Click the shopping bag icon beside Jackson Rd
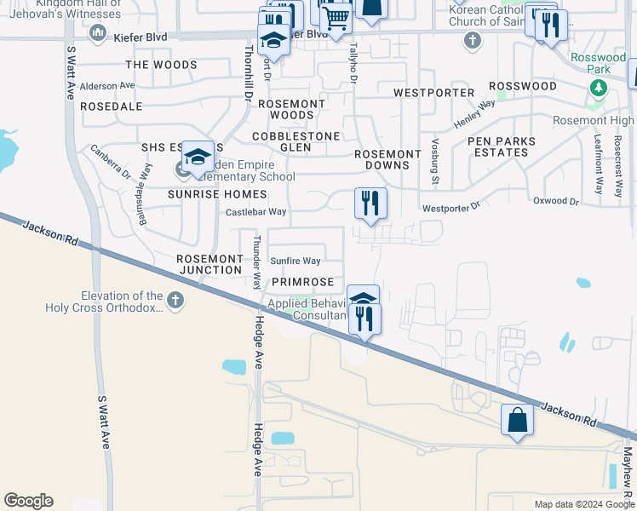click(517, 420)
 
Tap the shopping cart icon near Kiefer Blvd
click(336, 16)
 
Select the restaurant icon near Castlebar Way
click(370, 204)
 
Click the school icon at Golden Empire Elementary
click(198, 157)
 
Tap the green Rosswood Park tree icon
click(599, 87)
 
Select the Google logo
click(28, 501)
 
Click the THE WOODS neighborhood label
click(161, 65)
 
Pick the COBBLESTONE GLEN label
click(296, 141)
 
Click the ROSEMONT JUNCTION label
click(209, 264)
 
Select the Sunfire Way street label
click(296, 261)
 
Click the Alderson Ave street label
click(107, 86)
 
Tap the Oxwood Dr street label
click(555, 202)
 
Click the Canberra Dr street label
click(111, 162)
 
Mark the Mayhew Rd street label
click(628, 477)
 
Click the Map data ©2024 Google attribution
click(583, 504)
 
